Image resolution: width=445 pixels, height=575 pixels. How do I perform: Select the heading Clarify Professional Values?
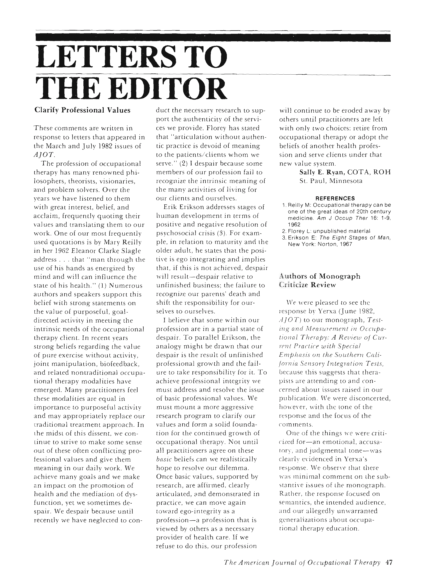82,110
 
